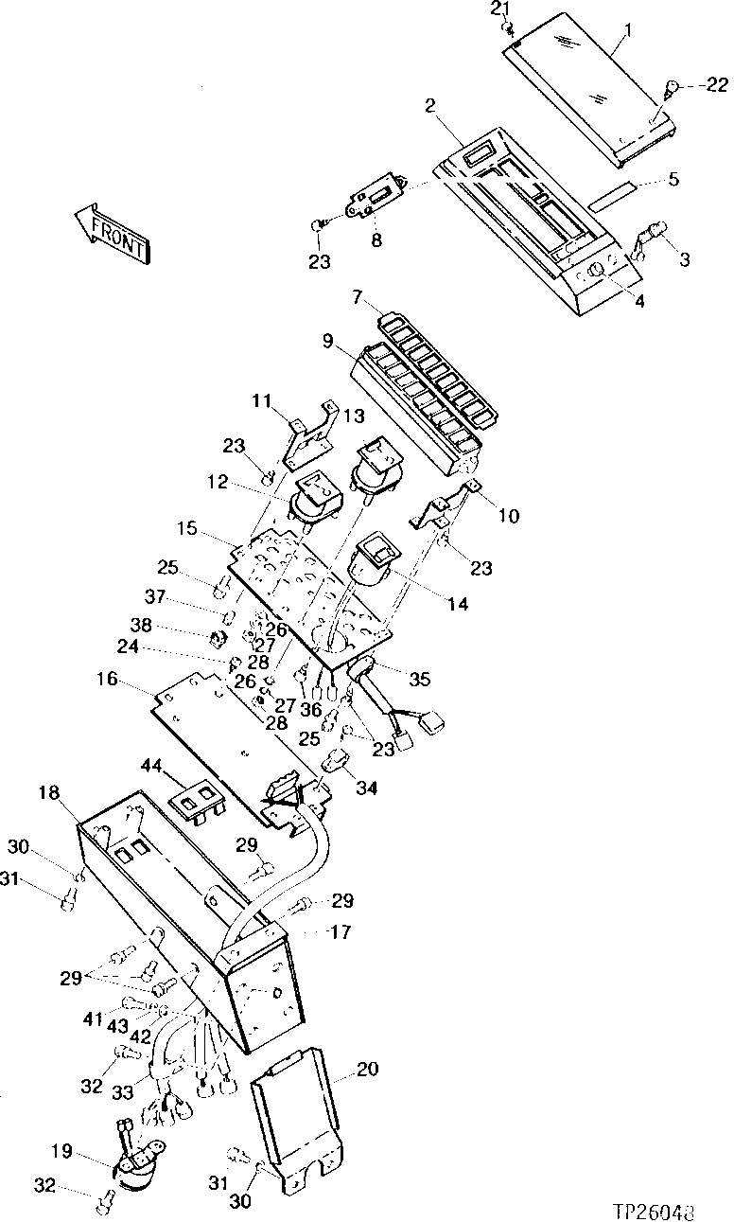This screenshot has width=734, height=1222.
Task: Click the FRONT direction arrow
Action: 112,232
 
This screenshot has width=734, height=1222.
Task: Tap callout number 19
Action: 61,1153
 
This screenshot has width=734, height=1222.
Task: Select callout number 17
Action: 341,932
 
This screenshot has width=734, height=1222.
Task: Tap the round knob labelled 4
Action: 598,274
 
